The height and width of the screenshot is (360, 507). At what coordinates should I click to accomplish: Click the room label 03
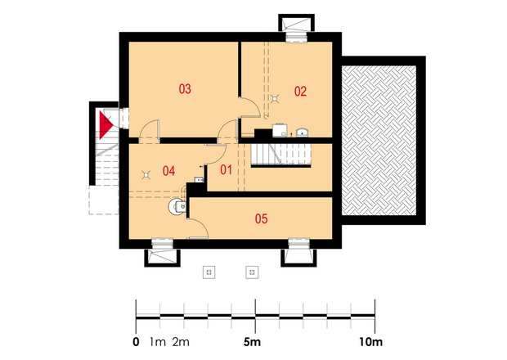[x=185, y=88]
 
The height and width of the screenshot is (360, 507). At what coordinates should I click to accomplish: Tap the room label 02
[x=300, y=92]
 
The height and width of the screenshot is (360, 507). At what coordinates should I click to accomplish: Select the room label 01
[x=226, y=169]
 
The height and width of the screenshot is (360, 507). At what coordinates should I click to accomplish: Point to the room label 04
[x=168, y=171]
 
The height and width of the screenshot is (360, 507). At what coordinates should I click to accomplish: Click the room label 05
[x=261, y=218]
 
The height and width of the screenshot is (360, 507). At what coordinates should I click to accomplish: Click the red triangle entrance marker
[x=105, y=125]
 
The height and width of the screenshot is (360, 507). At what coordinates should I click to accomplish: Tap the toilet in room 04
[x=177, y=206]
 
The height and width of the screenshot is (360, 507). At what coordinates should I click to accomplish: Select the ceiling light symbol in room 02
[x=275, y=98]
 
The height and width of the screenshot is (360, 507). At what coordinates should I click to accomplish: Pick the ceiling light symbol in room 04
[x=146, y=175]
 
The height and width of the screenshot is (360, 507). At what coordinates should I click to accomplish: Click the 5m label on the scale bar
[x=252, y=342]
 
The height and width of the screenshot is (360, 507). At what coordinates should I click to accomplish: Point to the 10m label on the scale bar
[x=370, y=342]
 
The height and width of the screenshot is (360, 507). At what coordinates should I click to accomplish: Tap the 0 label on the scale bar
[x=136, y=342]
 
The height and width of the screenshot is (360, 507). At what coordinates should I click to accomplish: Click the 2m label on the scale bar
[x=181, y=342]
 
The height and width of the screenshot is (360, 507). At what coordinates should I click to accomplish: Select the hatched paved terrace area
[x=379, y=141]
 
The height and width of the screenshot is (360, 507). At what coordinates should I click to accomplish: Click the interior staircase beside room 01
[x=281, y=155]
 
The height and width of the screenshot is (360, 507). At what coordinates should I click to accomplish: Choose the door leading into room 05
[x=198, y=228]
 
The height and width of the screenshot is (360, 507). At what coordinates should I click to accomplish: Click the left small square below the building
[x=209, y=272]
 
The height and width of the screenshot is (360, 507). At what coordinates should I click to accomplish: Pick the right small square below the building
[x=252, y=272]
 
